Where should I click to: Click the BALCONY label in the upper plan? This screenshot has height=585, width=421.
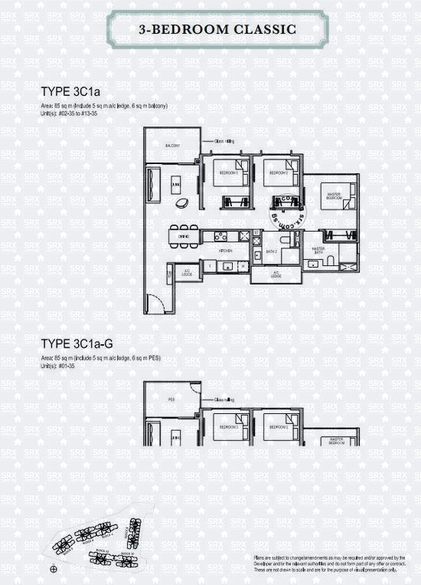click(x=171, y=146)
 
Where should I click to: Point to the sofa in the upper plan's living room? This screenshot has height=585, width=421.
click(x=153, y=183)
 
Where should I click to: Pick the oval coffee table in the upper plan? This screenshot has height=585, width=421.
click(x=183, y=202)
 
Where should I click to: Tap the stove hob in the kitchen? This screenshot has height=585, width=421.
click(x=219, y=236)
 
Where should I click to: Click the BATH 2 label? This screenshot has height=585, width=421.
click(x=270, y=251)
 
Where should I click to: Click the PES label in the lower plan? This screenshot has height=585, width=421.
click(x=172, y=398)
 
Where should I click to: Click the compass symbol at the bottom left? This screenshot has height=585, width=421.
click(x=53, y=569)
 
